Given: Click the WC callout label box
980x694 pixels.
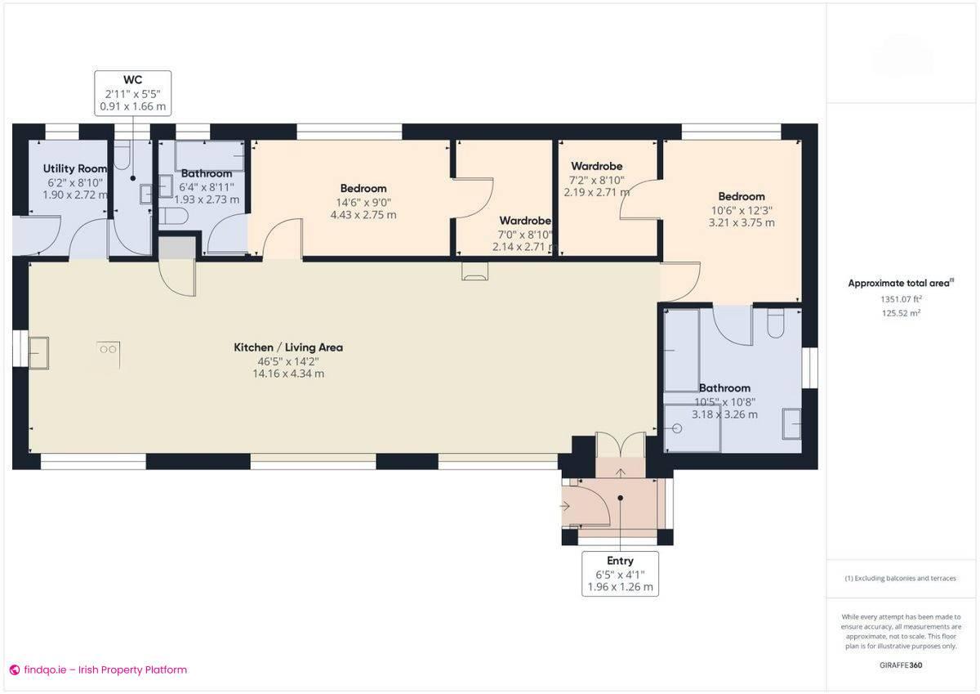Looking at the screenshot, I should [x=132, y=92].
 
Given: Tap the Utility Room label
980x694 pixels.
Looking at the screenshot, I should [x=75, y=168].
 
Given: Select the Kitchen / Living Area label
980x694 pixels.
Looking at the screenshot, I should [x=288, y=347].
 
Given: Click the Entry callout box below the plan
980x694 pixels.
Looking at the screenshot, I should [x=620, y=574].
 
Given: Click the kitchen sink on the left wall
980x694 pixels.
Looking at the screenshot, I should [x=38, y=352].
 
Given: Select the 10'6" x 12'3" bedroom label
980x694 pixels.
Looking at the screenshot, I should [x=742, y=196].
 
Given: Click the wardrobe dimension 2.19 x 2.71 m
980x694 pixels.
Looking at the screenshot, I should [x=596, y=193].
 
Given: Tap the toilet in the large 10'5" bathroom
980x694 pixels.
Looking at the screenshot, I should [x=776, y=324].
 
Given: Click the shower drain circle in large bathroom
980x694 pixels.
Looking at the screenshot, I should [x=676, y=428].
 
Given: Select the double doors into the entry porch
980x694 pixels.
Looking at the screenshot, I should [x=620, y=446].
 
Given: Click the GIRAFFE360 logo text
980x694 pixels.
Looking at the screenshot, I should [x=901, y=665].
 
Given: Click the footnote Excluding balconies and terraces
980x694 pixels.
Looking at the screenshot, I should [x=900, y=578].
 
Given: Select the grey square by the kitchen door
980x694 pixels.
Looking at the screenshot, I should [x=176, y=248].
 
